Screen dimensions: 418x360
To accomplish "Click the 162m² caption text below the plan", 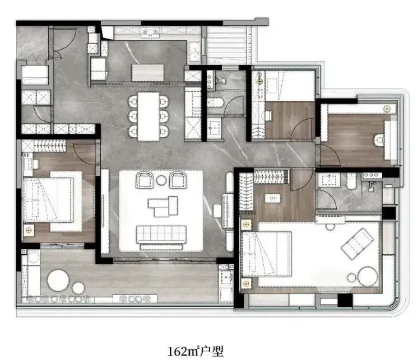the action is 196,351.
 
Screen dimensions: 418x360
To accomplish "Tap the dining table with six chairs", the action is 148,116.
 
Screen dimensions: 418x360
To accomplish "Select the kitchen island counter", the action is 148,73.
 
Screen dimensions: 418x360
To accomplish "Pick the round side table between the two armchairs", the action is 161,180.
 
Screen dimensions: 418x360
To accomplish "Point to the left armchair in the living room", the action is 145,180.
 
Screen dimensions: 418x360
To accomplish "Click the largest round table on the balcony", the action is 58,280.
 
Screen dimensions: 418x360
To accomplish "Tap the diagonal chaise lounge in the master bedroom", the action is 357,244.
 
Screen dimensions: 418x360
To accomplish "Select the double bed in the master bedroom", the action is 266,254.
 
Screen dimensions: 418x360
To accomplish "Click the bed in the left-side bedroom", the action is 49,200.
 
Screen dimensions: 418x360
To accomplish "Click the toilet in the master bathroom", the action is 352,181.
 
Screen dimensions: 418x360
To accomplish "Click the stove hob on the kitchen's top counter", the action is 150,32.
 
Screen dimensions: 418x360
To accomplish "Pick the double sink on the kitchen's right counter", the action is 194,51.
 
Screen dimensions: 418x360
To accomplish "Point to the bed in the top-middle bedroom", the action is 290,86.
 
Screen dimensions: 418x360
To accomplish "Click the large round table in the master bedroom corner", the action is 368,276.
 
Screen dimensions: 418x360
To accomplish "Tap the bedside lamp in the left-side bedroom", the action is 29,230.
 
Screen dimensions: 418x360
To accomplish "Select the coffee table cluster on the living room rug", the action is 163,207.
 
